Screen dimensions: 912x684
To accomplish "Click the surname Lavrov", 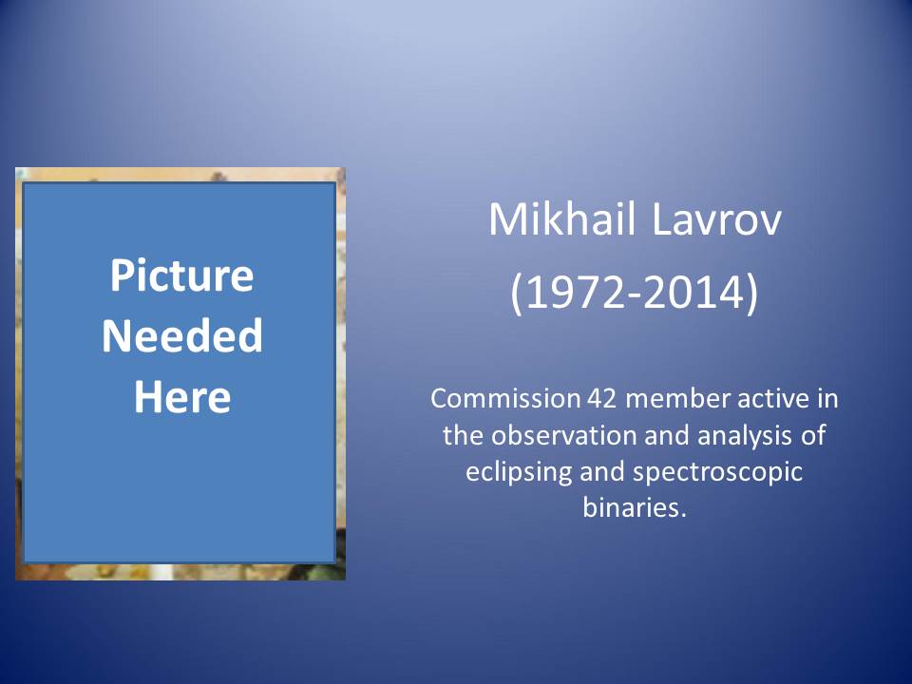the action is pos(716,219).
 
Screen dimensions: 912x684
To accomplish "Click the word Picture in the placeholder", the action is pos(182,275).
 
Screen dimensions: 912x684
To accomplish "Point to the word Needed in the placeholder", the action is pos(182,335).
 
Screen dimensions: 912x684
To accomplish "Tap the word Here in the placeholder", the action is pos(182,397).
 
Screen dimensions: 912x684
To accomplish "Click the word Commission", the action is pos(505,399).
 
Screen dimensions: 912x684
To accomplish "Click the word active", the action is pos(771,399).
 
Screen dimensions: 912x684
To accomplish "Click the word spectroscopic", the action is pos(718,472).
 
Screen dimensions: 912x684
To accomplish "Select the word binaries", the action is pos(635,507).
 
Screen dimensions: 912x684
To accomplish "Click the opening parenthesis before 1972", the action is pos(517,294).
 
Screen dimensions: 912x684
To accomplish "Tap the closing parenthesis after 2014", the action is pos(752,294).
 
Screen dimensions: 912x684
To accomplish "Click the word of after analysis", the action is pos(813,435).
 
